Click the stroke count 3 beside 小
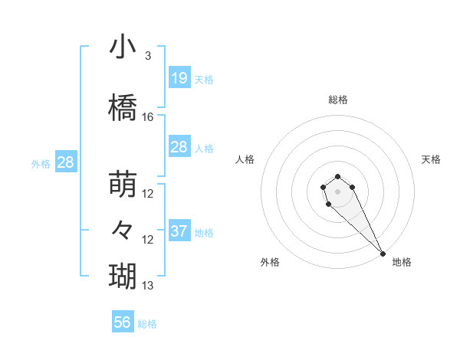(148, 56)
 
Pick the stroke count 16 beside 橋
(148, 117)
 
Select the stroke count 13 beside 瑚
(148, 286)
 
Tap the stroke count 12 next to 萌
(148, 194)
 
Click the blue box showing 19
(179, 77)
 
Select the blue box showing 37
(179, 231)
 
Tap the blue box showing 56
(123, 322)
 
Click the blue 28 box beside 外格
(65, 162)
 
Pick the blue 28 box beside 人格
(179, 146)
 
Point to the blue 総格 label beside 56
(148, 324)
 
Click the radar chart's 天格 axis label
(431, 159)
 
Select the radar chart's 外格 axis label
(270, 262)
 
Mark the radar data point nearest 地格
(383, 254)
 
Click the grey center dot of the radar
(338, 191)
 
